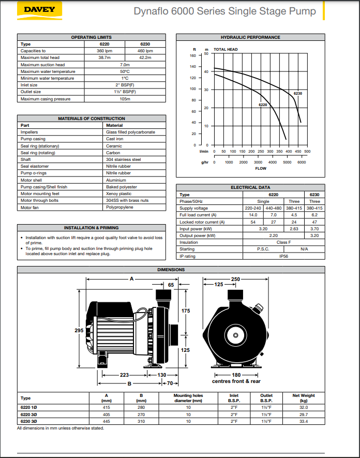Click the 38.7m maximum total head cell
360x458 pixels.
[104, 57]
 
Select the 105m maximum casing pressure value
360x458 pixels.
[125, 99]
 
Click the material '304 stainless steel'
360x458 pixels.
[123, 159]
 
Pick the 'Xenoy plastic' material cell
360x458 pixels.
[118, 194]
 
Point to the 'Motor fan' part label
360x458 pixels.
[30, 207]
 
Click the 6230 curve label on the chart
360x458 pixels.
[297, 93]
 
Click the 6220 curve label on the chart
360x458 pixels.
[263, 105]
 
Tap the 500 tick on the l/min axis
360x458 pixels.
[307, 152]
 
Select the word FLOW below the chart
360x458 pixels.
[261, 168]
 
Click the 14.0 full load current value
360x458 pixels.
[253, 215]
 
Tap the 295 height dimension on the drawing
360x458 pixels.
[79, 331]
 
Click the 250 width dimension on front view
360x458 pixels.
[235, 279]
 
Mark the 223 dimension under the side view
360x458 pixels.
[125, 375]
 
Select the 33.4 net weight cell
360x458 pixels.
[304, 421]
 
